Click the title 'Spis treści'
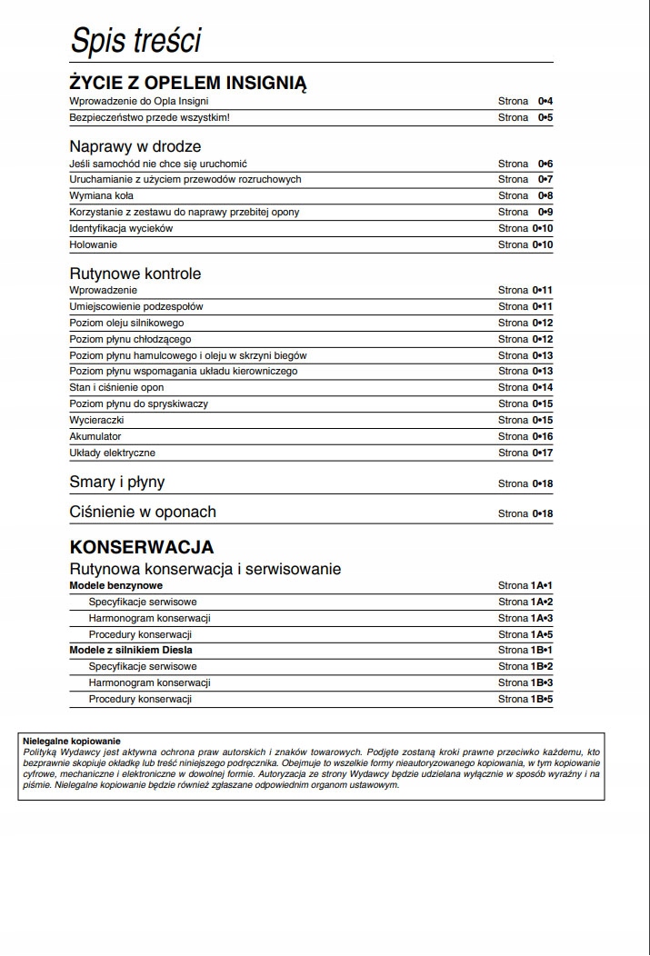[x=135, y=41]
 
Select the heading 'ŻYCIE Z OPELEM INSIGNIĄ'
[x=188, y=84]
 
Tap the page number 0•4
[x=545, y=101]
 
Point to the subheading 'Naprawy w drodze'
[x=135, y=146]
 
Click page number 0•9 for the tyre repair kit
[x=545, y=212]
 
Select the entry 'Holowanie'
[x=94, y=244]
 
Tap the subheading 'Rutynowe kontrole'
[x=135, y=274]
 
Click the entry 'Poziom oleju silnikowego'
[x=127, y=323]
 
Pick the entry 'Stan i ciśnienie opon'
[x=116, y=387]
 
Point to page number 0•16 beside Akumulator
[x=543, y=436]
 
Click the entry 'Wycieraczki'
[x=96, y=420]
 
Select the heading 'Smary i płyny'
[x=117, y=483]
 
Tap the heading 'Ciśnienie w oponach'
[x=143, y=512]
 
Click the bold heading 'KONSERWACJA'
[x=142, y=547]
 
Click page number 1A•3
[x=539, y=618]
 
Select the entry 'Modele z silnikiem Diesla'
[x=131, y=651]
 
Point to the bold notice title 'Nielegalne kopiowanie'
[x=71, y=742]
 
